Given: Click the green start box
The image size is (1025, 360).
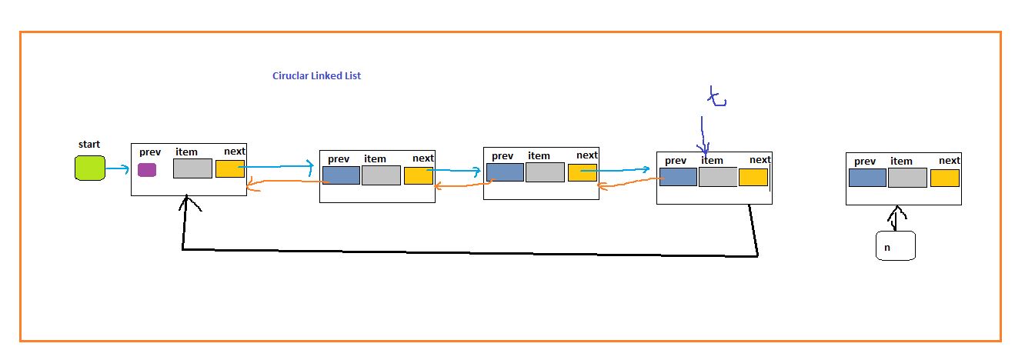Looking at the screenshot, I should (x=89, y=168).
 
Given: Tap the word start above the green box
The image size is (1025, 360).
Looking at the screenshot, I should (x=89, y=145).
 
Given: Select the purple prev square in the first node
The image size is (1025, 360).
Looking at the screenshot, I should (x=147, y=170).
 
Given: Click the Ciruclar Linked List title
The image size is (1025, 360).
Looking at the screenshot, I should (x=316, y=75).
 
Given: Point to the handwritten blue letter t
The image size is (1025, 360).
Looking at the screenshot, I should (x=716, y=98).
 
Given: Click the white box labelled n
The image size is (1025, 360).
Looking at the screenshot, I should (x=895, y=246).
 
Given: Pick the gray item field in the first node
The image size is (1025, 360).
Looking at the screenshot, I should (x=192, y=168).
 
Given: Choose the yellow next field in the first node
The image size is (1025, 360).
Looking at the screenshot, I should (x=229, y=168).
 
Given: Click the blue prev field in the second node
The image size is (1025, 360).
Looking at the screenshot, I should (x=341, y=175).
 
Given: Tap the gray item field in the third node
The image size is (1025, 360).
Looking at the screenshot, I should (x=545, y=172).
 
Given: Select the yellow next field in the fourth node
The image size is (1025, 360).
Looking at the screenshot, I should (x=753, y=178).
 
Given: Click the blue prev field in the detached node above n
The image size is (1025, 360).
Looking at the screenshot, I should (x=867, y=178).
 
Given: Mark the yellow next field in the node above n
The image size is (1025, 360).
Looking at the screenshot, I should (x=944, y=178).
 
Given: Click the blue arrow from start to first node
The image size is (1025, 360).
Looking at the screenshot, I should (x=118, y=168).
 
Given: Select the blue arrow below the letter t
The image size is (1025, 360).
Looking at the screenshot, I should (x=703, y=135).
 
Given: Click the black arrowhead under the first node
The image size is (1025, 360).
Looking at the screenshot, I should (x=185, y=203).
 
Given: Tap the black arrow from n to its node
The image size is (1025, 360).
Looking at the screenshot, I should (x=895, y=218).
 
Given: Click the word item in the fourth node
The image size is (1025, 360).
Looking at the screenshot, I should (x=712, y=160).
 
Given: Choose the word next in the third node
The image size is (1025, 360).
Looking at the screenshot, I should (x=586, y=155).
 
